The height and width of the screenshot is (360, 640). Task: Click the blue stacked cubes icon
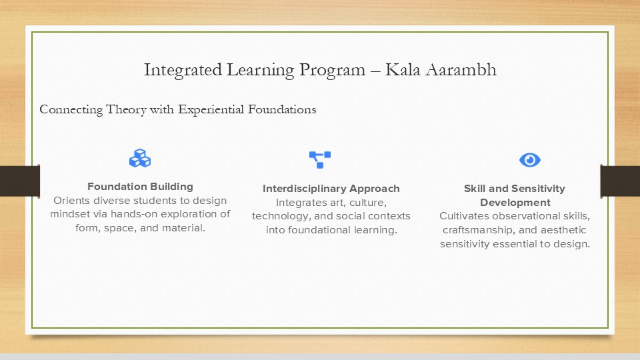[x=140, y=159]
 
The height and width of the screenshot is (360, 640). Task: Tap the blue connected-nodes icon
[x=320, y=159]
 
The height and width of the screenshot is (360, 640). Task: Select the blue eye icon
[x=530, y=160]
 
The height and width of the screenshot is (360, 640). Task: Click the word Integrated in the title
[x=183, y=70]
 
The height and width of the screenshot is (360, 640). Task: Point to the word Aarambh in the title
[x=461, y=69]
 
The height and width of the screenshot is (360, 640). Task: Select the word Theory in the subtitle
[x=126, y=109]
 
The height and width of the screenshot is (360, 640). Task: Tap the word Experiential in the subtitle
[x=211, y=109]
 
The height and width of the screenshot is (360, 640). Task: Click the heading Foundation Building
[x=140, y=187]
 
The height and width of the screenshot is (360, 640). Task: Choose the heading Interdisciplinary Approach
[x=331, y=189]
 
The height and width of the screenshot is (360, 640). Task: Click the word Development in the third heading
[x=515, y=203]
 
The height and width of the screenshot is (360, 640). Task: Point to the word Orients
[x=71, y=201]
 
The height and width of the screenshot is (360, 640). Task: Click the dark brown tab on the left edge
[x=20, y=181]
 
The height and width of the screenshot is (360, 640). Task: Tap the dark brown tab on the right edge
[x=620, y=181]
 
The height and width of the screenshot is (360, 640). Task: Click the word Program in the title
[x=332, y=70]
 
